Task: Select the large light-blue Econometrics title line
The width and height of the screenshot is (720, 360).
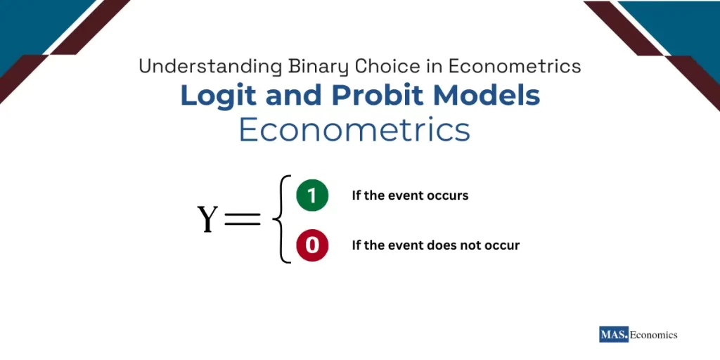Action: pyautogui.click(x=354, y=131)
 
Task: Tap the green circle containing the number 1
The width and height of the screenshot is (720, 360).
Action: pyautogui.click(x=312, y=195)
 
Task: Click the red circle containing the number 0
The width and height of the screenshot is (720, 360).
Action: pyautogui.click(x=312, y=245)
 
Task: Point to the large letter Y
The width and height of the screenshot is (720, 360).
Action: pyautogui.click(x=208, y=219)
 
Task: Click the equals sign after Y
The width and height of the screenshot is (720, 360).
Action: pyautogui.click(x=241, y=219)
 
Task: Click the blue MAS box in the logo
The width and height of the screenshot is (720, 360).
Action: pyautogui.click(x=613, y=335)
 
